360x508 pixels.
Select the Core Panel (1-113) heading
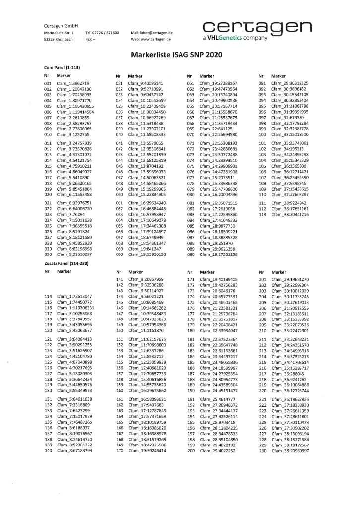coord(60,67)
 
